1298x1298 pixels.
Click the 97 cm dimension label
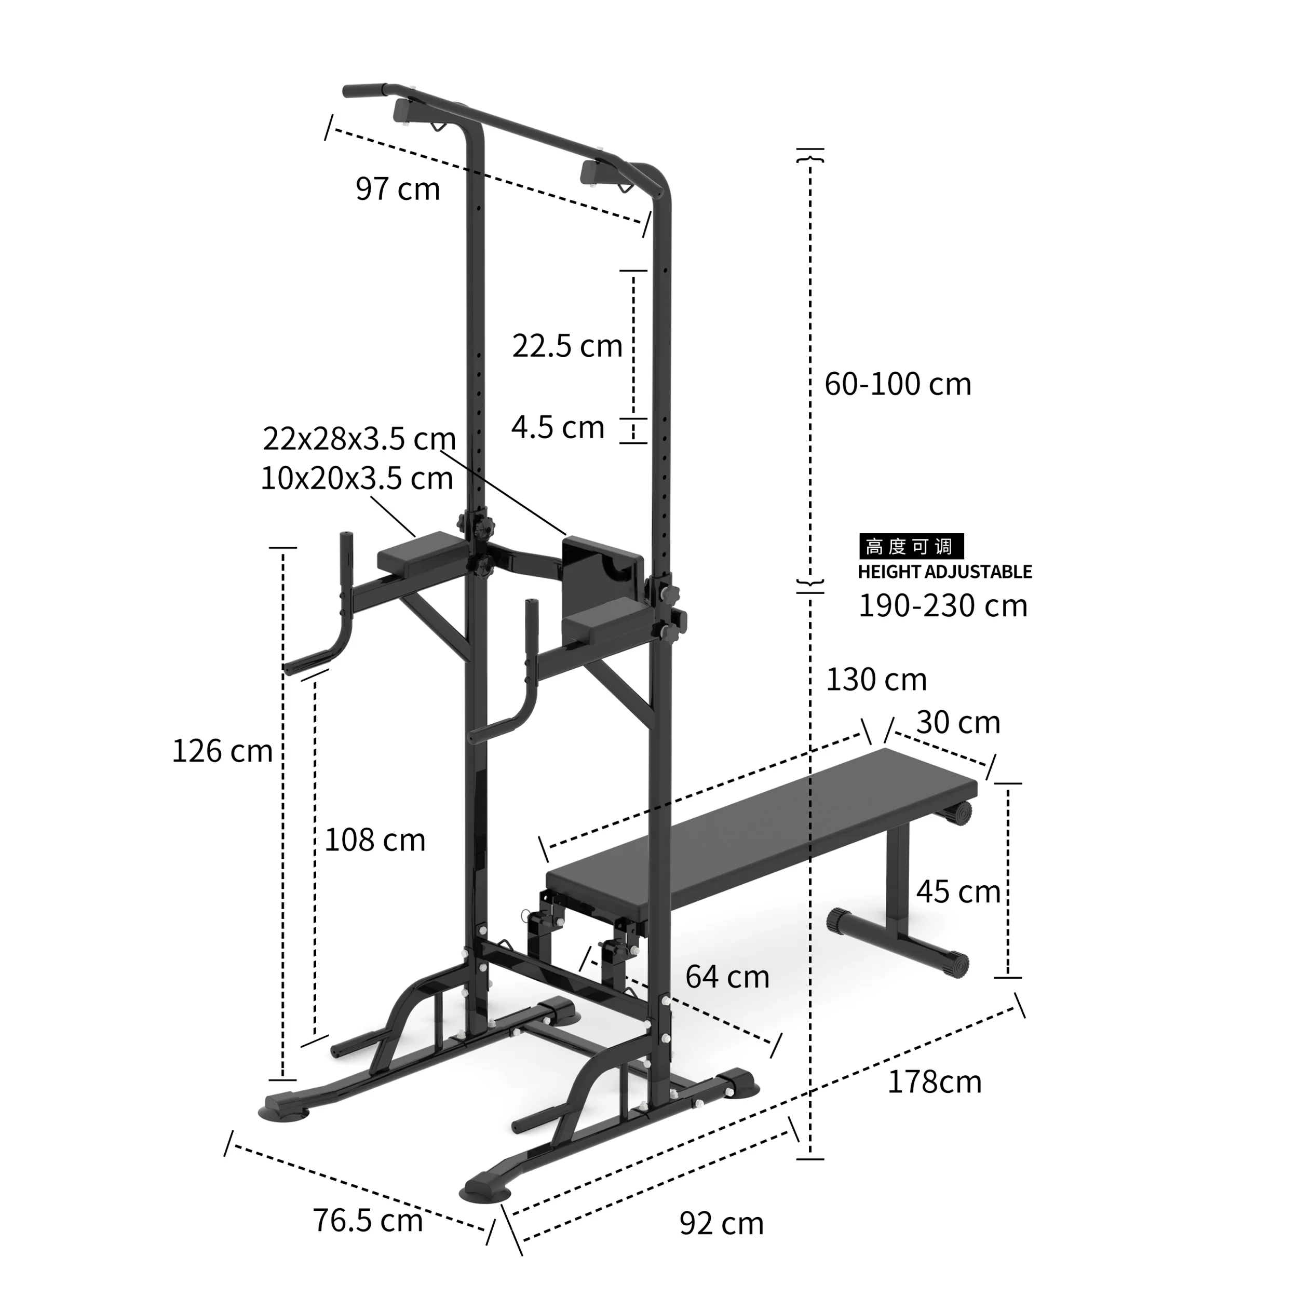[398, 189]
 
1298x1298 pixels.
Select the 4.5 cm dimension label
[558, 427]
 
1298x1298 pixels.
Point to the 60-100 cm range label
[898, 384]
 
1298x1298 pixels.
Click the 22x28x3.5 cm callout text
[359, 439]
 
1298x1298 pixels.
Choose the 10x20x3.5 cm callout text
[356, 478]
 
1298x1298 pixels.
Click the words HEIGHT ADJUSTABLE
[944, 572]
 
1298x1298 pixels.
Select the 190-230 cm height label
[942, 606]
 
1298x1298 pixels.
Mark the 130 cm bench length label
[876, 680]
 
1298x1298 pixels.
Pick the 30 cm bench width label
[958, 723]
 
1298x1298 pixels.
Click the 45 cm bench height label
[958, 892]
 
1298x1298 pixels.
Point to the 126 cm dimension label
[222, 751]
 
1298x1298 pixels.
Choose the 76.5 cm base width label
[368, 1221]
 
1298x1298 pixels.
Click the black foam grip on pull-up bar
[363, 90]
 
